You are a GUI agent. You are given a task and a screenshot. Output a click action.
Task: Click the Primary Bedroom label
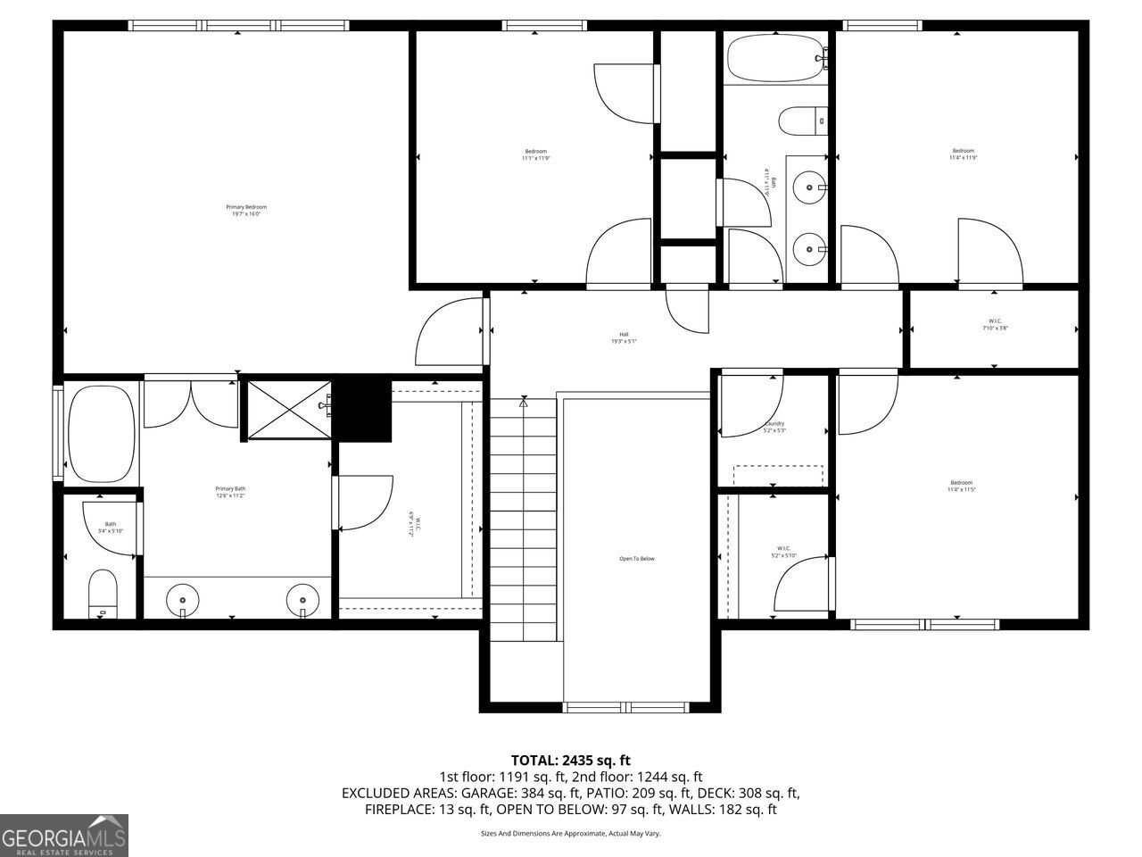tap(246, 211)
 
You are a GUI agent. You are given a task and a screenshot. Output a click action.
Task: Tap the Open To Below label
tap(637, 559)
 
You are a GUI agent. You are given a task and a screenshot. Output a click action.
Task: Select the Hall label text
tap(624, 337)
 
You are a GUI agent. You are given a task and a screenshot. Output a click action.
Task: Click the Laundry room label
tap(774, 427)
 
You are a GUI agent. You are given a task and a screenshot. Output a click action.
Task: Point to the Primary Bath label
tap(230, 492)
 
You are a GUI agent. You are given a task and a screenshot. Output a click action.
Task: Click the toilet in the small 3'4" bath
tap(103, 593)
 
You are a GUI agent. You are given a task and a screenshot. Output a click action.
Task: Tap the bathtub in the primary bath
tap(101, 433)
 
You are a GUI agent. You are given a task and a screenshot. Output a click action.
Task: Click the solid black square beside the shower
tap(363, 410)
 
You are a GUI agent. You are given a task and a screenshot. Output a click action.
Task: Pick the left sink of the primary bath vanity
tap(183, 598)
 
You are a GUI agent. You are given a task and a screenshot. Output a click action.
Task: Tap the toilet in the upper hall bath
tap(801, 121)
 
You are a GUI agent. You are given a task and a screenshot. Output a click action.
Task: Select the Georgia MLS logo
tap(64, 836)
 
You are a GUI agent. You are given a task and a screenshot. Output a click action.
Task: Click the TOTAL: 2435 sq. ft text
tap(570, 760)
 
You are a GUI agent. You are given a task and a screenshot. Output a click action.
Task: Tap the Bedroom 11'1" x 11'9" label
tap(535, 154)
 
